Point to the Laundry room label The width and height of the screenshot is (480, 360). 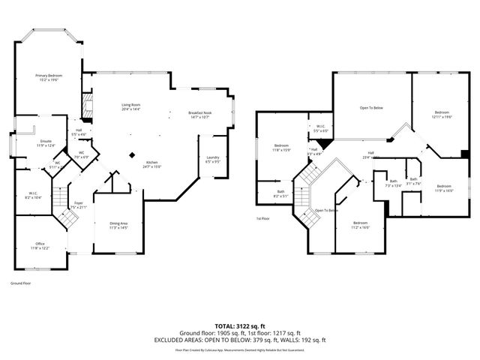click(212, 159)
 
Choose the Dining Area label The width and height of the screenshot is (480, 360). click(119, 224)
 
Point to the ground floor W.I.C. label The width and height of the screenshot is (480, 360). click(34, 194)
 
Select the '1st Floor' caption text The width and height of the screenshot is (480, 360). click(263, 218)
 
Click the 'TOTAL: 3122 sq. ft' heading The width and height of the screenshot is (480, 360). click(239, 325)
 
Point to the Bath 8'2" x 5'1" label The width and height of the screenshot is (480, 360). click(280, 193)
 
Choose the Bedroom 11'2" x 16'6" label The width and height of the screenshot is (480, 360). click(361, 224)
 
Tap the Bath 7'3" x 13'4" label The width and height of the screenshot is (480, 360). click(393, 183)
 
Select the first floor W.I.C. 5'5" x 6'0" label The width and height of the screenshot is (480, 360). click(320, 128)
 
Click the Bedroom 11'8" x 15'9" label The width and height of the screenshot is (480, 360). click(281, 147)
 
